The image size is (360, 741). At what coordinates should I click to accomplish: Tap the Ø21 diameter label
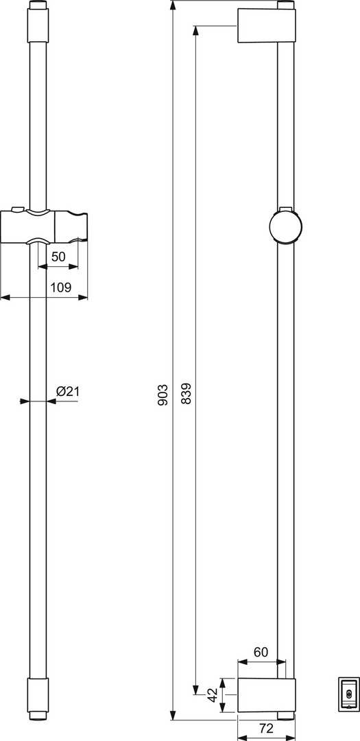(67, 391)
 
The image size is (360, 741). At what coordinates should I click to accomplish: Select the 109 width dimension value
(60, 287)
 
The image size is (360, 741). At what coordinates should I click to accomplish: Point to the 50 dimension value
(58, 257)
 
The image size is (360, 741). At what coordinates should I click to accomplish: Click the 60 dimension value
(261, 652)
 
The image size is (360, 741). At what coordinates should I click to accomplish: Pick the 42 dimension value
(213, 694)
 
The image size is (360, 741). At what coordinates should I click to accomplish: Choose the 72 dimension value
(267, 728)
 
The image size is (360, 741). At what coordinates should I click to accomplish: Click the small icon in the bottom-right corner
(349, 694)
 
